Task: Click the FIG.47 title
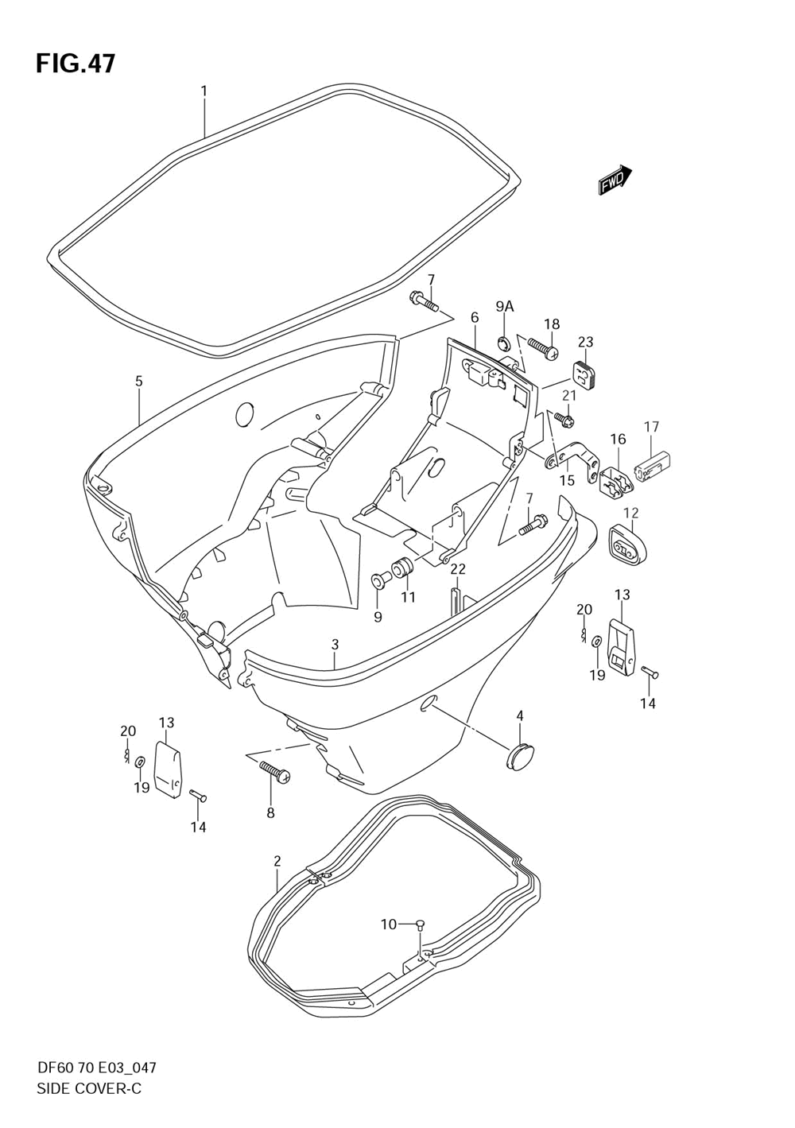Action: (x=76, y=64)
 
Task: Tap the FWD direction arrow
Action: (x=615, y=180)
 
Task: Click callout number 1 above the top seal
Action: (x=204, y=91)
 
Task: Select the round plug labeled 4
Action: (x=521, y=754)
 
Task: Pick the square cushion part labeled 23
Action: (x=584, y=374)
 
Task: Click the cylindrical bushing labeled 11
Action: (x=404, y=570)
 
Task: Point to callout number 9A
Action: (x=505, y=307)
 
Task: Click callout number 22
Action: (x=458, y=569)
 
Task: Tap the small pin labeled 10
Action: (x=421, y=924)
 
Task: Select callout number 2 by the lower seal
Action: (x=277, y=861)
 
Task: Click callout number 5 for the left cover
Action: (x=139, y=382)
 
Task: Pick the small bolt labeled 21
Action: (x=564, y=416)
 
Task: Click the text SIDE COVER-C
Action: (x=89, y=1088)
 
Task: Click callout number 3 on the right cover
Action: (x=335, y=644)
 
